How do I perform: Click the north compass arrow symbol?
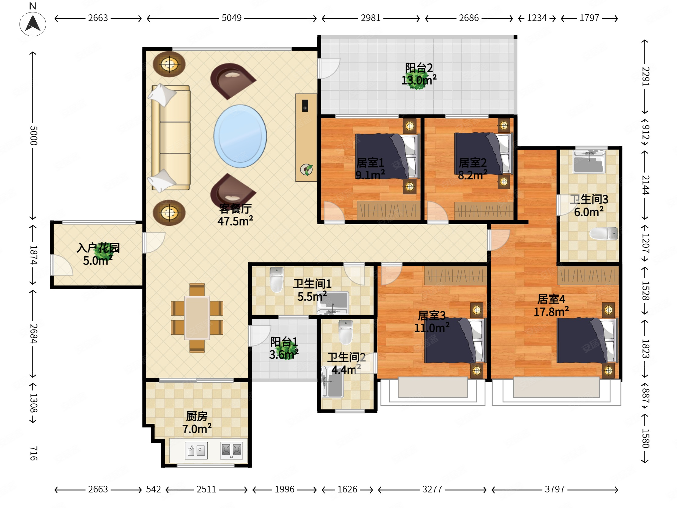33,24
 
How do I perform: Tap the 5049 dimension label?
231,18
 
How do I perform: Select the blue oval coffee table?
240,136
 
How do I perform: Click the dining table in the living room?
197,318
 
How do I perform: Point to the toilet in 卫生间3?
603,234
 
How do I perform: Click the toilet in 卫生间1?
277,279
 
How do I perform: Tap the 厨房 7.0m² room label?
197,423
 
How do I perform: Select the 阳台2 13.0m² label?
419,74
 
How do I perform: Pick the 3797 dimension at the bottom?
555,489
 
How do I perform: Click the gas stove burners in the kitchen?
231,450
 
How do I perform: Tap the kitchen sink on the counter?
196,450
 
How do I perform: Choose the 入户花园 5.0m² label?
98,254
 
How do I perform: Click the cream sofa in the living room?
170,138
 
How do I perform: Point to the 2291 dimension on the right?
645,76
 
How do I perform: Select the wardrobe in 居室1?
389,210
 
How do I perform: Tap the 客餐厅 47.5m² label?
235,215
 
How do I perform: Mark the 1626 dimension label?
347,489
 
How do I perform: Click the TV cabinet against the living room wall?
306,138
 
